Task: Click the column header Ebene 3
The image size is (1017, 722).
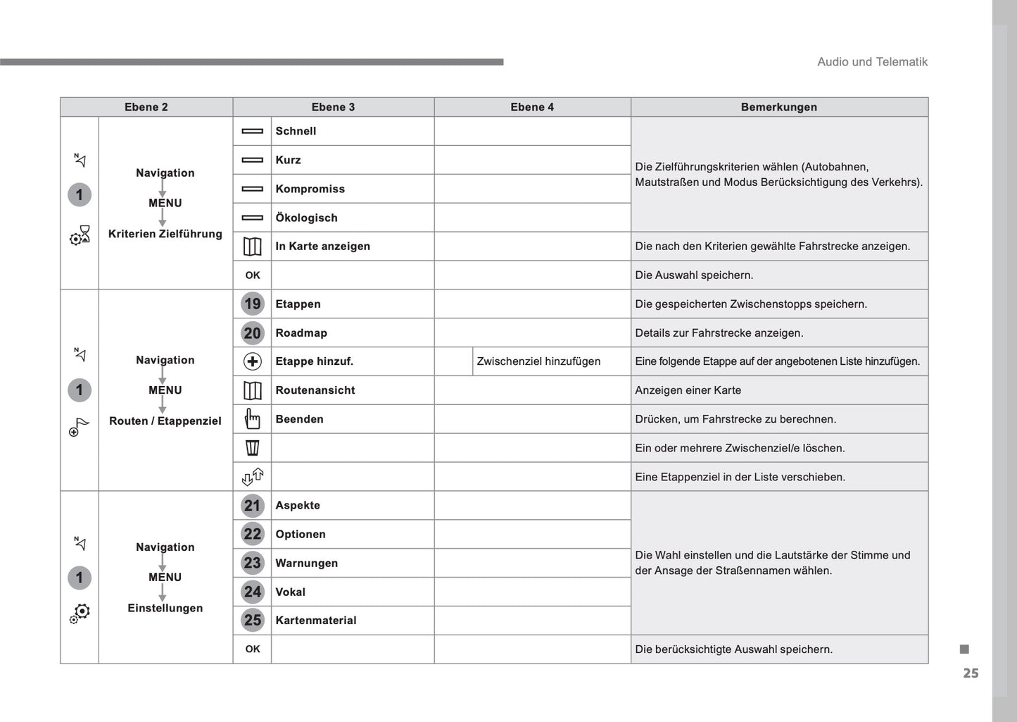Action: [x=333, y=107]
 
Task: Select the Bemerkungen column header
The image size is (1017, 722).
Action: [x=778, y=107]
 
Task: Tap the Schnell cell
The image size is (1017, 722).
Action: [x=296, y=131]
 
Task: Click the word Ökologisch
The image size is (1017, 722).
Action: [x=306, y=218]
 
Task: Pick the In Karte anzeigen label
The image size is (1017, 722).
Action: [x=322, y=247]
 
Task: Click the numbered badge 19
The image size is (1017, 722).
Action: [x=252, y=304]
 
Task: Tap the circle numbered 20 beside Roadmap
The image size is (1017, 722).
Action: [x=252, y=332]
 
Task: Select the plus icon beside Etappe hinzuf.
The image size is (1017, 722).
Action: [x=252, y=361]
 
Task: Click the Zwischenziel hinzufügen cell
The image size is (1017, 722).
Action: [x=538, y=361]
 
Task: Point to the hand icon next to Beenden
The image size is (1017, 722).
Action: [x=252, y=419]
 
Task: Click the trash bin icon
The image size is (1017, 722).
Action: [x=252, y=448]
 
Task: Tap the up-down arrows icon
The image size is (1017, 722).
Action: [x=252, y=477]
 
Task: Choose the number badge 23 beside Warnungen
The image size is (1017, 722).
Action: [x=252, y=563]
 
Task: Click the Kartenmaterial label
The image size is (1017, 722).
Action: [x=315, y=621]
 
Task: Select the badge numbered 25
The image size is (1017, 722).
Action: [x=252, y=621]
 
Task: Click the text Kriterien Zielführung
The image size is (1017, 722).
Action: [x=165, y=234]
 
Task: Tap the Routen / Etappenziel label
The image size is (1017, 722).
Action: [x=165, y=421]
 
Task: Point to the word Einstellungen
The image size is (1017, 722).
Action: [x=165, y=609]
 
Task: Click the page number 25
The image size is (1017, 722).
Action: [x=971, y=673]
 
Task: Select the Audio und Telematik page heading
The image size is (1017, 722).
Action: [x=872, y=62]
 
